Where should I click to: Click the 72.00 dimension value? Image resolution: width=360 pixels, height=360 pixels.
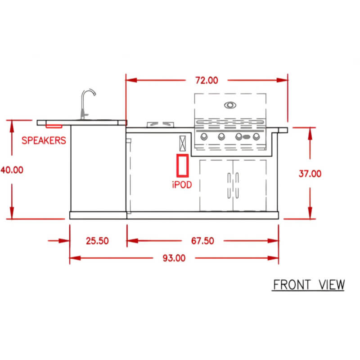207,81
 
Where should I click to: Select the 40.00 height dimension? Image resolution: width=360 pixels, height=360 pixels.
12,170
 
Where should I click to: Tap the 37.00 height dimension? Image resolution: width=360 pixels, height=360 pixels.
310,174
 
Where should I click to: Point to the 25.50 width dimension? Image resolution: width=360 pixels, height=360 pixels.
97,241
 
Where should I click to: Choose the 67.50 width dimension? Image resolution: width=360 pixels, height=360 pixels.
202,241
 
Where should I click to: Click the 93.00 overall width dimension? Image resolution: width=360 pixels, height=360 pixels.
174,258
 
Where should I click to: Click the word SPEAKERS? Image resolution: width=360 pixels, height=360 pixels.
44,140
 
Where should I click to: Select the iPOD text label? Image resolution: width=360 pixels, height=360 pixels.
182,184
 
